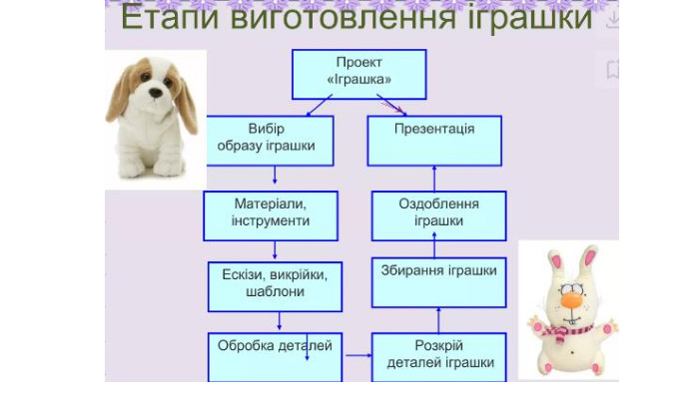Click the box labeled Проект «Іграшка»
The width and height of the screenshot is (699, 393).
pyautogui.click(x=358, y=75)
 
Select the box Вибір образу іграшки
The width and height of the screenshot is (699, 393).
pyautogui.click(x=271, y=141)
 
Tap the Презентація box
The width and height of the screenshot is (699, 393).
pyautogui.click(x=434, y=141)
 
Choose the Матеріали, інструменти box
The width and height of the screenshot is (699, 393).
pyautogui.click(x=271, y=215)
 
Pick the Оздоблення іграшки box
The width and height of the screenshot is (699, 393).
pyautogui.click(x=438, y=215)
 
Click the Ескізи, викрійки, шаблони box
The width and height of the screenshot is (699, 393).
pyautogui.click(x=275, y=286)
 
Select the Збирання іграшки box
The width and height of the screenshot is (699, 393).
pyautogui.click(x=438, y=282)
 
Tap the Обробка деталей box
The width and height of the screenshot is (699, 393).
pyautogui.click(x=275, y=357)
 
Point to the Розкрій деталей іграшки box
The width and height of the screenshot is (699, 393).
pyautogui.click(x=438, y=357)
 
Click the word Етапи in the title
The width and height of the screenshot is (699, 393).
pyautogui.click(x=171, y=18)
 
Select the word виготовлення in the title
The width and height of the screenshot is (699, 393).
pyautogui.click(x=344, y=17)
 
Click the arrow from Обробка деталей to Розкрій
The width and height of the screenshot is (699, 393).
pyautogui.click(x=358, y=355)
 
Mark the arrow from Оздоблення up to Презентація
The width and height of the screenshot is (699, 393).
pyautogui.click(x=434, y=179)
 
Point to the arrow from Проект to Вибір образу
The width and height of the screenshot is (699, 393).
pyautogui.click(x=320, y=105)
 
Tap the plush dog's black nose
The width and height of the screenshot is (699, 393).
pyautogui.click(x=156, y=93)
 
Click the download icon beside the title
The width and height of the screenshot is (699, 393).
pyautogui.click(x=613, y=20)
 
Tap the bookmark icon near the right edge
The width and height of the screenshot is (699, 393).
pyautogui.click(x=612, y=70)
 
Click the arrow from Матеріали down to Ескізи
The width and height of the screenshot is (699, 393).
pyautogui.click(x=275, y=250)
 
